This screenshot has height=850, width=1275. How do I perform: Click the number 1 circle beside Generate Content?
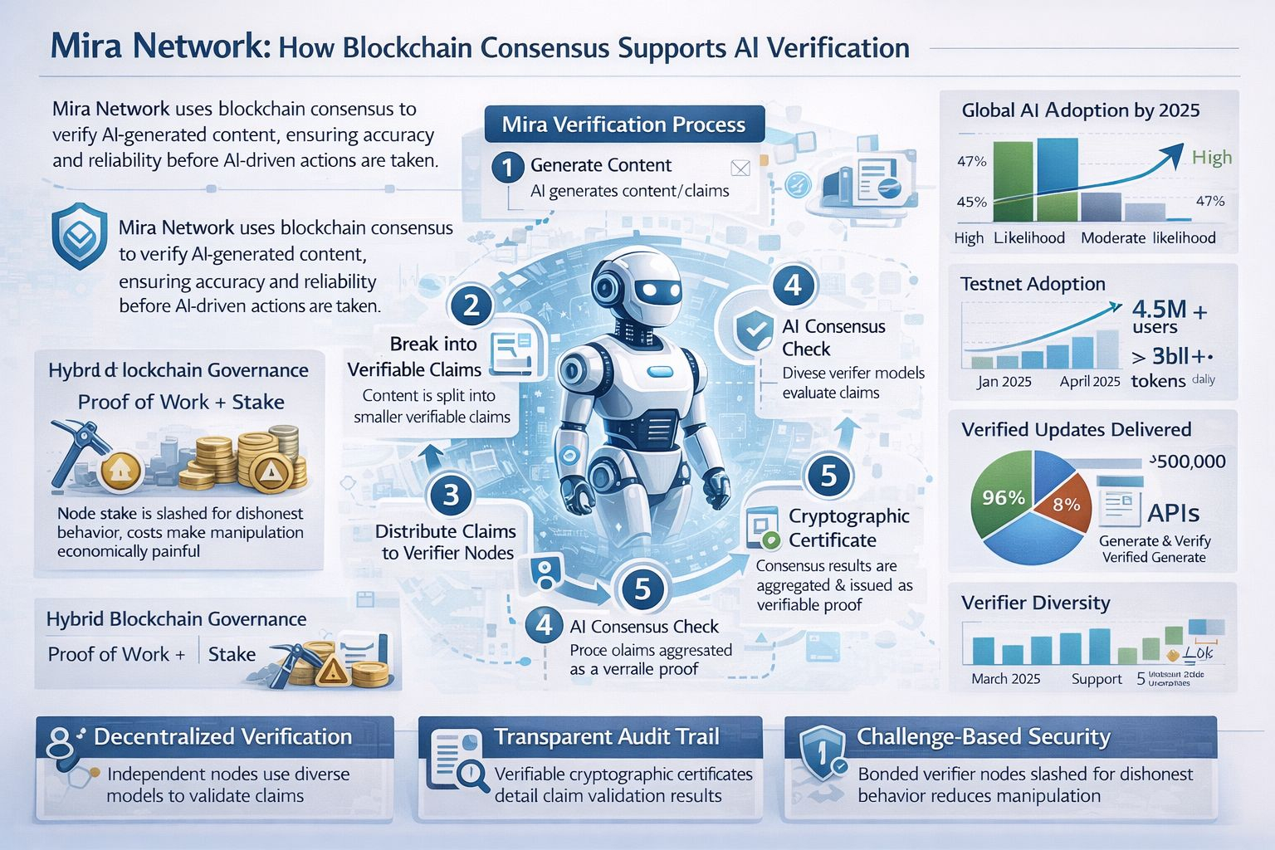click(506, 166)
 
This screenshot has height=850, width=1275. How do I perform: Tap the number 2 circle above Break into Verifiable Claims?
click(471, 305)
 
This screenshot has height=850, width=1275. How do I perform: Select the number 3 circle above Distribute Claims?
click(451, 496)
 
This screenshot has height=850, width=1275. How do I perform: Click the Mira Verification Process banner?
click(623, 125)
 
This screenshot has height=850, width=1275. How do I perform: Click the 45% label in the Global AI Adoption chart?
click(971, 202)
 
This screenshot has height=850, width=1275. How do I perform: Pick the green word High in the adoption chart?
click(1211, 157)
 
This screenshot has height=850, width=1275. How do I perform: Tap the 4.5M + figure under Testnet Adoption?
click(1169, 310)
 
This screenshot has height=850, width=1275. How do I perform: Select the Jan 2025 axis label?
click(1004, 381)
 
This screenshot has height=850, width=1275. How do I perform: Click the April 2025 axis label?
click(1089, 381)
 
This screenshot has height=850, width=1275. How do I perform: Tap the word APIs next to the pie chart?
click(1173, 512)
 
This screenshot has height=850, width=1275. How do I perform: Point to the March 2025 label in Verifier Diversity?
click(1005, 678)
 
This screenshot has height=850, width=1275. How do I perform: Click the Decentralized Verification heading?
click(222, 736)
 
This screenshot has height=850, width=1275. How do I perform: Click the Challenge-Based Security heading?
click(983, 736)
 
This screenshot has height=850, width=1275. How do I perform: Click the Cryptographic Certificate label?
click(848, 528)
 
